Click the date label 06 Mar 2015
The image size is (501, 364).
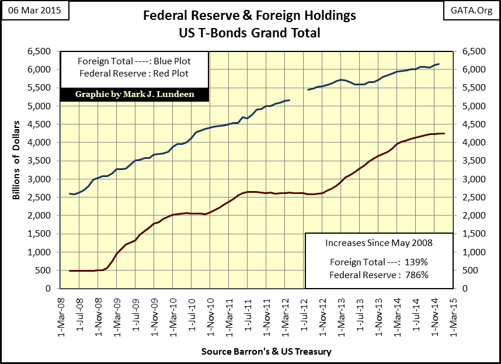35,11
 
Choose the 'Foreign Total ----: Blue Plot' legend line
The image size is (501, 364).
134,61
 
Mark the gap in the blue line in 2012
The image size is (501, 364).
299,95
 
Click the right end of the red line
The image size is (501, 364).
444,134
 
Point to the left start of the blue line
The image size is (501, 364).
69,193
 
